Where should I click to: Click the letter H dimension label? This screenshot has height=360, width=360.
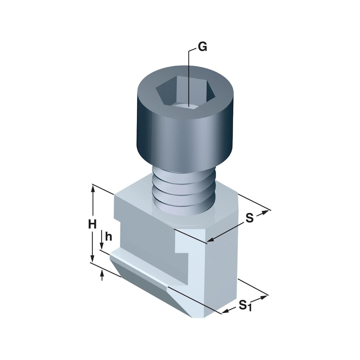click(92, 224)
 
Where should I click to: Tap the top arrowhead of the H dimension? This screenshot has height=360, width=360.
click(93, 189)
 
